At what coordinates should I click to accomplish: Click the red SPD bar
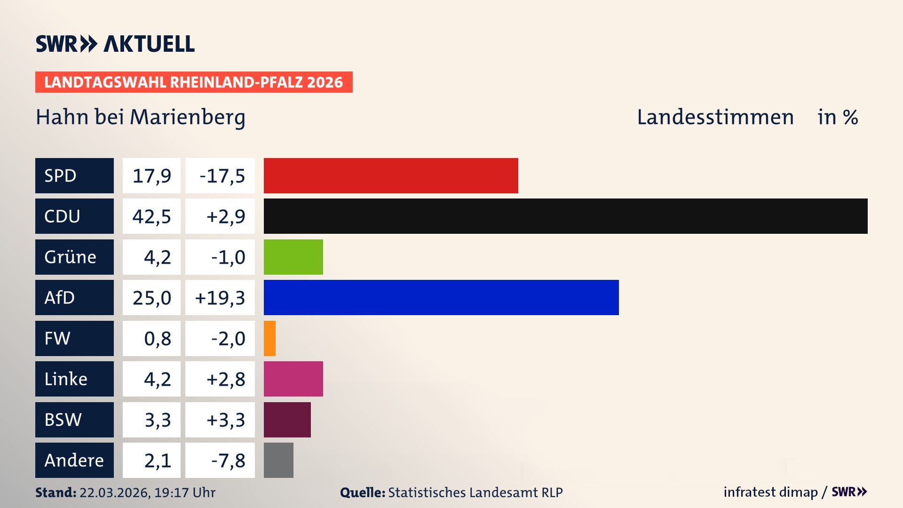[390, 175]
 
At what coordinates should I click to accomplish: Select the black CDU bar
[565, 216]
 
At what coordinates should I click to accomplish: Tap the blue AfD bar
[441, 297]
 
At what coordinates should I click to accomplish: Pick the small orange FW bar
[269, 338]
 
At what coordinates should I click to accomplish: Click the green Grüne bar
[293, 257]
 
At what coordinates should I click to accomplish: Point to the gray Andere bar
[278, 460]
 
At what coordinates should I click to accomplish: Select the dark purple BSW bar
[287, 420]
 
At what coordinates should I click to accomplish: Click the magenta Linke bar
[293, 379]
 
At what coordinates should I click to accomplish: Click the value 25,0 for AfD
[151, 297]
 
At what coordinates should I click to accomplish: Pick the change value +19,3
[220, 297]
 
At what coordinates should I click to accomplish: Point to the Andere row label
[74, 460]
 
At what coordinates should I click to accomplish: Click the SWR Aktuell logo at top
[115, 44]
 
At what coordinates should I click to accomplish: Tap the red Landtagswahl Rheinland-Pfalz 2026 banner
[193, 82]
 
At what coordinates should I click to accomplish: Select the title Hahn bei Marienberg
[140, 117]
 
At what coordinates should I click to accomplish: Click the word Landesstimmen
[715, 117]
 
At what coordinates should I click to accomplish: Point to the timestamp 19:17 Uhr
[184, 492]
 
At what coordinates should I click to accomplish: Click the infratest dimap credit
[770, 492]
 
